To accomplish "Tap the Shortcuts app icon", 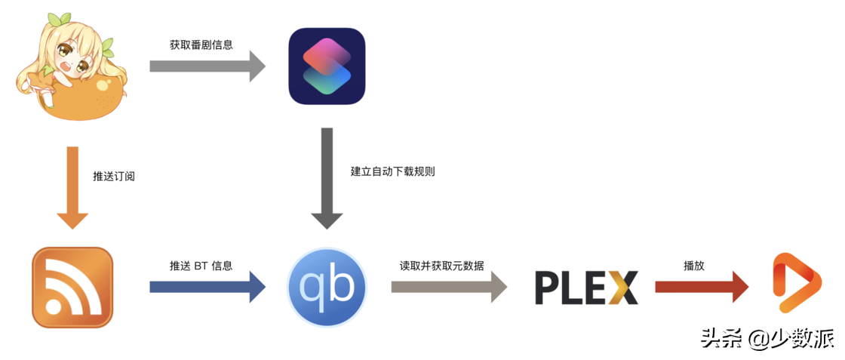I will click(327, 66).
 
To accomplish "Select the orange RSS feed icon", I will click(72, 287).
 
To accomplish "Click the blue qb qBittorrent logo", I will click(327, 287).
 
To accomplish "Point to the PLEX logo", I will click(586, 288).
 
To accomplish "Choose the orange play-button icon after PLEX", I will click(797, 283).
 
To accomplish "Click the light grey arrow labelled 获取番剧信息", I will click(207, 66).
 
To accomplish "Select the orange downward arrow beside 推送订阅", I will click(72, 186).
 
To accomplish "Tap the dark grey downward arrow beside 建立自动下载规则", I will click(327, 178).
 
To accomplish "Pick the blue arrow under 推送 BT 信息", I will click(207, 287).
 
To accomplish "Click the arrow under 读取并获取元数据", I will click(449, 287).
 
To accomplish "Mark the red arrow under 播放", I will click(702, 287).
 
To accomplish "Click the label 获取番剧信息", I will click(201, 45).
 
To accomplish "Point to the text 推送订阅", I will click(114, 177).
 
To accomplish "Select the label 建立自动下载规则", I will click(392, 171).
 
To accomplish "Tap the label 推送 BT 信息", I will click(201, 266).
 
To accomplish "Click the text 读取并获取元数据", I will click(442, 266).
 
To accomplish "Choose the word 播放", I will click(694, 266).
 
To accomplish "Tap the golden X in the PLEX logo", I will click(623, 288).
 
